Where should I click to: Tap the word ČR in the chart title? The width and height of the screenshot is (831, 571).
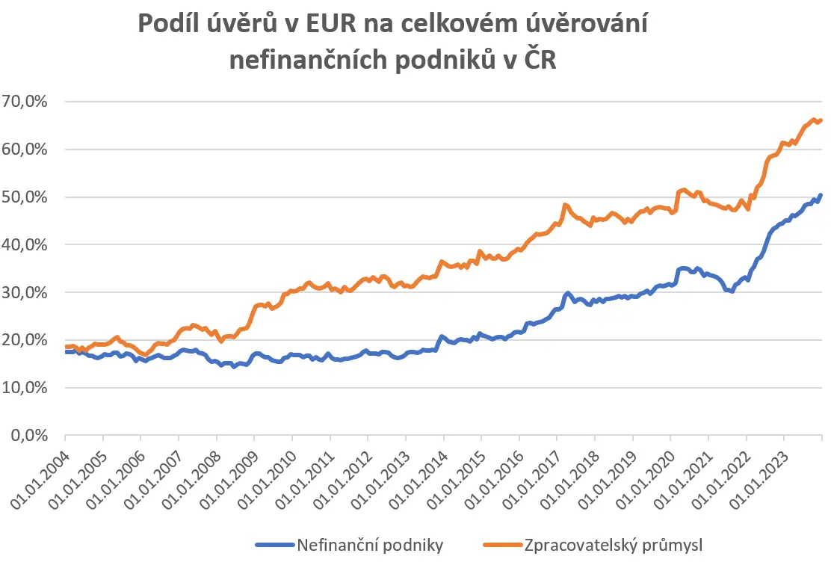click(540, 59)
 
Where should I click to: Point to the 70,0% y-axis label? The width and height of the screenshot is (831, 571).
click(25, 101)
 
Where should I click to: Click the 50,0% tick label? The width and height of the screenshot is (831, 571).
click(25, 197)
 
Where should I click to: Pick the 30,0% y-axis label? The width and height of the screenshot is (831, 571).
click(25, 292)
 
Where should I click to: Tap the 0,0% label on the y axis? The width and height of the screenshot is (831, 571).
click(29, 435)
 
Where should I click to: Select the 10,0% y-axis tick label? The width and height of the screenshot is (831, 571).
click(25, 388)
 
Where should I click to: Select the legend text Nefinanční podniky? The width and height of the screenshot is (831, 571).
click(370, 545)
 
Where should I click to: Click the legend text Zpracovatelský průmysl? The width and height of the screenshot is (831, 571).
click(614, 546)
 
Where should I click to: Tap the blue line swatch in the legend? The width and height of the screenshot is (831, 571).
click(274, 545)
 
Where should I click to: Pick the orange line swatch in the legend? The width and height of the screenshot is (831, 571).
click(502, 545)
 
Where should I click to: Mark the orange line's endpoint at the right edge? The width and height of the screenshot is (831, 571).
click(821, 120)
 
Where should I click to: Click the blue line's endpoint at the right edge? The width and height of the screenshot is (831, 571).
click(821, 195)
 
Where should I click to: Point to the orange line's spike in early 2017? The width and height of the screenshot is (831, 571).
click(565, 206)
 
